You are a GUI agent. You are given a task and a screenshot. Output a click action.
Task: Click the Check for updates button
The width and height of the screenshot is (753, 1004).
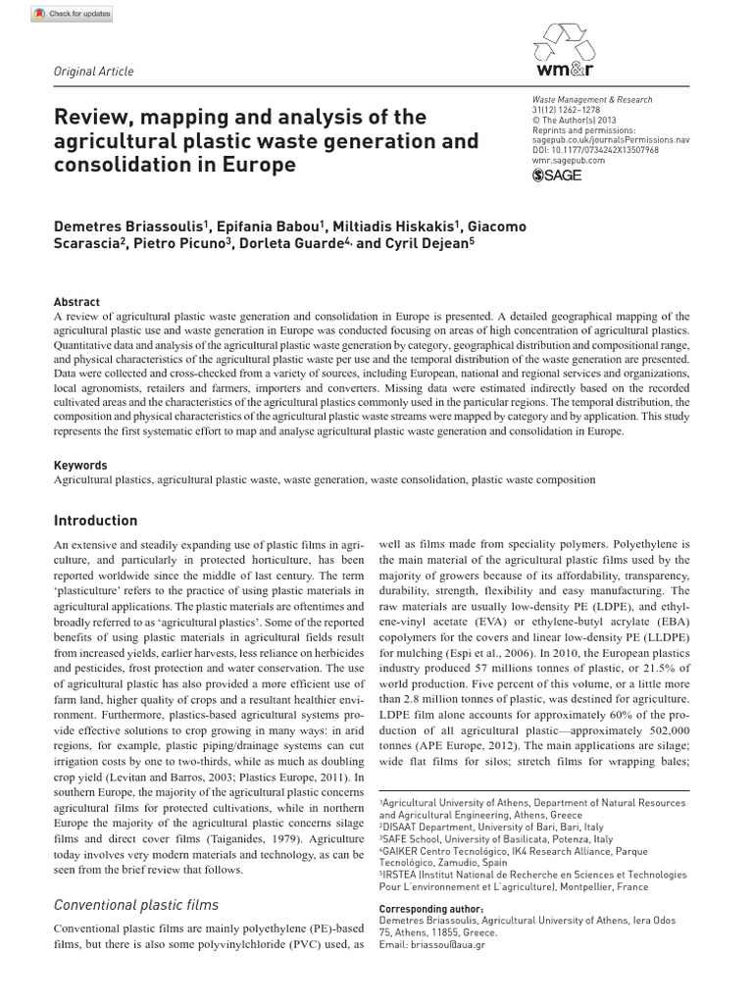tap(72, 14)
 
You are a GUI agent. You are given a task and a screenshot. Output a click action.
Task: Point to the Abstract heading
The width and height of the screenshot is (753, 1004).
tap(76, 303)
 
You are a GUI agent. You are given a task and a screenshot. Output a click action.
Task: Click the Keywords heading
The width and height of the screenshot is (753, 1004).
tap(80, 466)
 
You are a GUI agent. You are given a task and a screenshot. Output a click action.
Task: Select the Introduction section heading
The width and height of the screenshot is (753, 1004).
tap(95, 521)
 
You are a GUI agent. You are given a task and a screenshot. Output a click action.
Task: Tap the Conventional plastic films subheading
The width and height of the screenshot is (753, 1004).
tap(135, 905)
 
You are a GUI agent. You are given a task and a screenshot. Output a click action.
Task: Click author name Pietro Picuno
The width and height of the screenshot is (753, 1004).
tap(179, 245)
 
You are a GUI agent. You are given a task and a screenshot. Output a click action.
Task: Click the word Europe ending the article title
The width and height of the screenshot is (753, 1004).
tap(258, 165)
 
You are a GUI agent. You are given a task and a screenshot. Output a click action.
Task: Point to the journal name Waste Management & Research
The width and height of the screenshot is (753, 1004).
tap(591, 100)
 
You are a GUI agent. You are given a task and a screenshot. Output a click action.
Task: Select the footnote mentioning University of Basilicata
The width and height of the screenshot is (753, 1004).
tap(496, 839)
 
